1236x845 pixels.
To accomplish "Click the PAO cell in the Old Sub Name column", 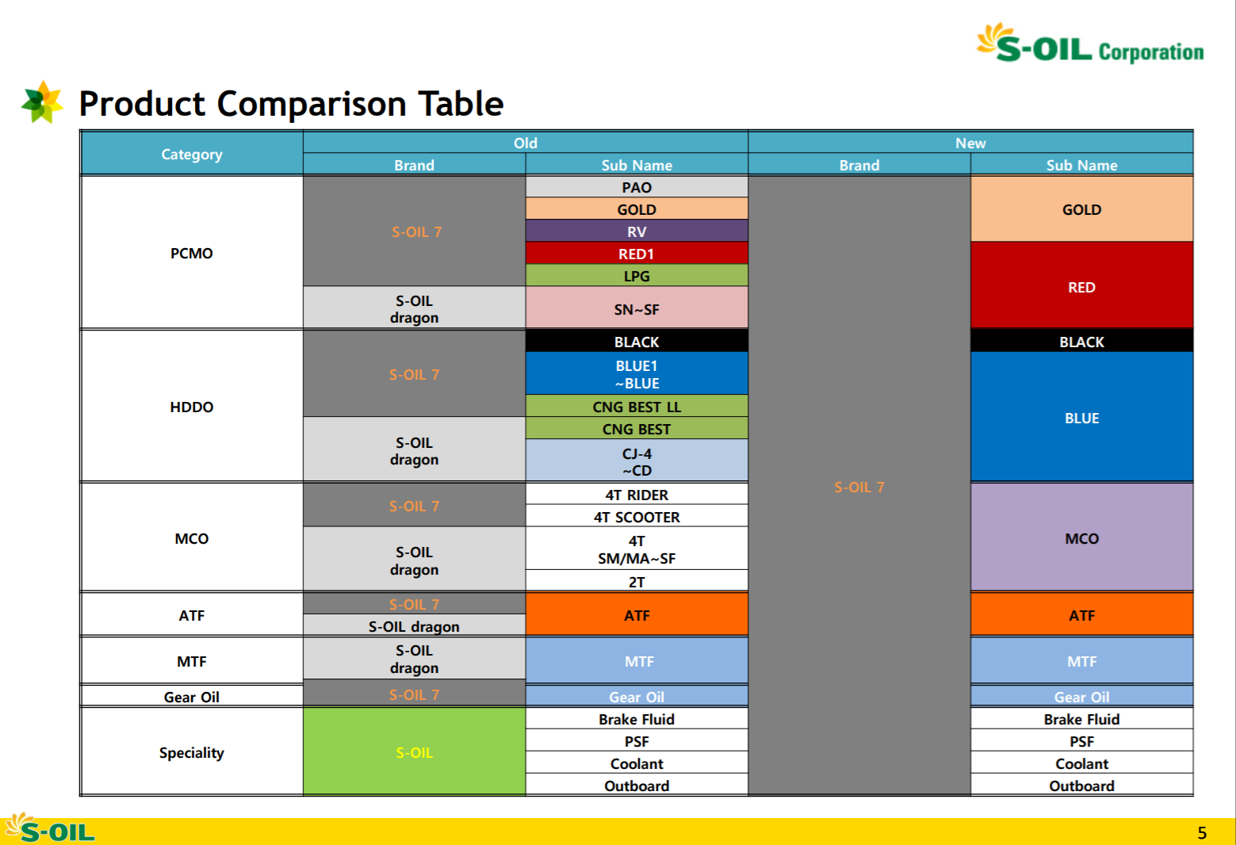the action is [636, 187].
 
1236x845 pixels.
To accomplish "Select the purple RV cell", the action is [636, 231].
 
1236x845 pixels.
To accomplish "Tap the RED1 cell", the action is [636, 253].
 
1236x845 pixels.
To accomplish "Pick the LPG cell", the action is [636, 275].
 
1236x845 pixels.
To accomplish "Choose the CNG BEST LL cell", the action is [636, 406].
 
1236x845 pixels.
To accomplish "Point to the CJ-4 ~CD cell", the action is [636, 461].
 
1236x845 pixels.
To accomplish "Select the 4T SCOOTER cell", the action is [636, 516].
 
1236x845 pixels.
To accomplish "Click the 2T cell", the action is [636, 581].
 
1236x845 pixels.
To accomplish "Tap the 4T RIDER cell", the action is [636, 494].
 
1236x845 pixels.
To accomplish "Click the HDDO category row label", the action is [192, 407].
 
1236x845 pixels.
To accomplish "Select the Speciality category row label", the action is [192, 751].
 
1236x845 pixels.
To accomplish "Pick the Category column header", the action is [192, 154].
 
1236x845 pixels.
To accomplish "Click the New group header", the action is [970, 143].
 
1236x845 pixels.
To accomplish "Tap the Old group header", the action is [526, 143].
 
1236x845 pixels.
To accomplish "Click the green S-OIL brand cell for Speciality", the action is [414, 751].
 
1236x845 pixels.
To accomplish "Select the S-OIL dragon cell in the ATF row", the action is [414, 625].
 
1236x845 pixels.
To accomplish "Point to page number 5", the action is [1202, 832].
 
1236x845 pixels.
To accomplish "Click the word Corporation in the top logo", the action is [1151, 52].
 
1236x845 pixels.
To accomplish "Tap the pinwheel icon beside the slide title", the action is [42, 102].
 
